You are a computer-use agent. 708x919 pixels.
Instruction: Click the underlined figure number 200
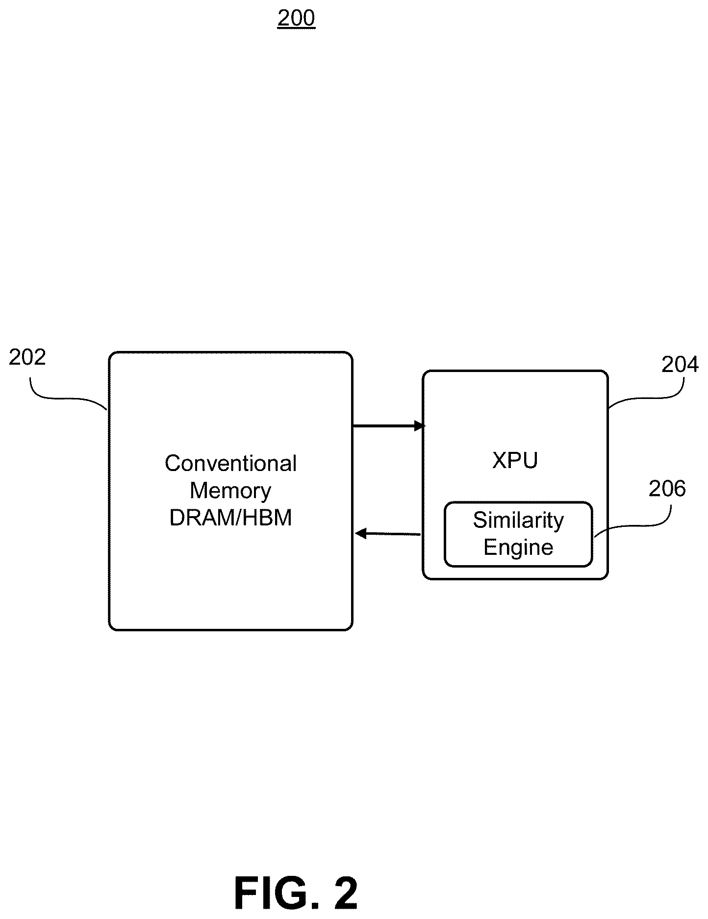(296, 18)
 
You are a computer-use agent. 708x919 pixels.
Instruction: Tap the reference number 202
(27, 357)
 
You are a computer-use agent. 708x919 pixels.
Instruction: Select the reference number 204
(680, 365)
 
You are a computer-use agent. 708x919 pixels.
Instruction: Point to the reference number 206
(667, 489)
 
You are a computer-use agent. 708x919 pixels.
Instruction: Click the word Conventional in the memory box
(230, 464)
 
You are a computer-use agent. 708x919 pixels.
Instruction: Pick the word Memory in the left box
(230, 491)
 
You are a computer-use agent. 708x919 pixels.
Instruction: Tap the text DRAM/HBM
(230, 518)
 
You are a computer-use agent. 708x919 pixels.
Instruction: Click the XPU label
(515, 460)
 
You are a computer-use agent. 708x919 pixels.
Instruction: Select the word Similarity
(518, 521)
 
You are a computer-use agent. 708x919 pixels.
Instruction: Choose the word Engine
(518, 547)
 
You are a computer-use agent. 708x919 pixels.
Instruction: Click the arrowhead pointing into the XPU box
(420, 426)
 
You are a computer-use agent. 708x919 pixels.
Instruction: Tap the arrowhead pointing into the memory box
(360, 533)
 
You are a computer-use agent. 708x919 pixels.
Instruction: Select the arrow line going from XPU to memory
(387, 533)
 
